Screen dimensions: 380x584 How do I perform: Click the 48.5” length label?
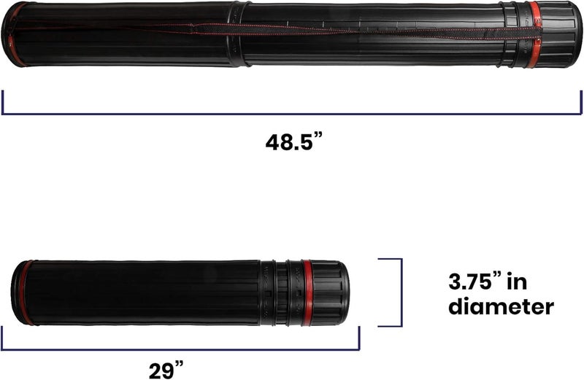[x=293, y=141]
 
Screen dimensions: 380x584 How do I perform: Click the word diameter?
[x=500, y=307]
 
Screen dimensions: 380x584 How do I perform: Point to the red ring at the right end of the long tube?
[x=536, y=34]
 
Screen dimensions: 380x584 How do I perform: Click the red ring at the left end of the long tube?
[x=15, y=34]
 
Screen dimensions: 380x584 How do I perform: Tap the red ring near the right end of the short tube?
[x=307, y=292]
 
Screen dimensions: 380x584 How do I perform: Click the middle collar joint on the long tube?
[x=239, y=34]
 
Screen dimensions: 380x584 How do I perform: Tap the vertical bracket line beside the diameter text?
[x=401, y=292]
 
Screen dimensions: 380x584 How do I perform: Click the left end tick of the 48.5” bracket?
[x=3, y=102]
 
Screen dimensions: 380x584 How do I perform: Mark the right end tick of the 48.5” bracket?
[x=581, y=102]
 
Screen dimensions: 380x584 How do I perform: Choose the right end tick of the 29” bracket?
[x=359, y=338]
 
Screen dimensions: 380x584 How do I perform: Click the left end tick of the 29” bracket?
[x=3, y=338]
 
